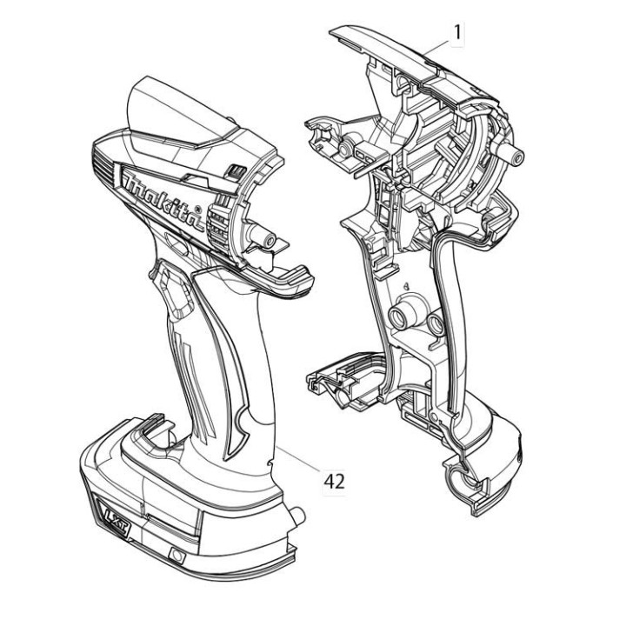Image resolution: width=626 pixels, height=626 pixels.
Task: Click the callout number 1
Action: (457, 32)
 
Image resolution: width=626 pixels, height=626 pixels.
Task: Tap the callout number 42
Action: (334, 482)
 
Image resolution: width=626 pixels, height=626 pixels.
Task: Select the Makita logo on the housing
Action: (163, 201)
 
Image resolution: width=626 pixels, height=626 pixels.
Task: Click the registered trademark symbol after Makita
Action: (196, 210)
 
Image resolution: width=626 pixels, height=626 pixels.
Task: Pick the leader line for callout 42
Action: (298, 459)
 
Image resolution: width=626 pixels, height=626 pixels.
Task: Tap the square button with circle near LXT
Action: (176, 556)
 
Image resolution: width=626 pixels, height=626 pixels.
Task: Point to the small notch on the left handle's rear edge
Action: (270, 463)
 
